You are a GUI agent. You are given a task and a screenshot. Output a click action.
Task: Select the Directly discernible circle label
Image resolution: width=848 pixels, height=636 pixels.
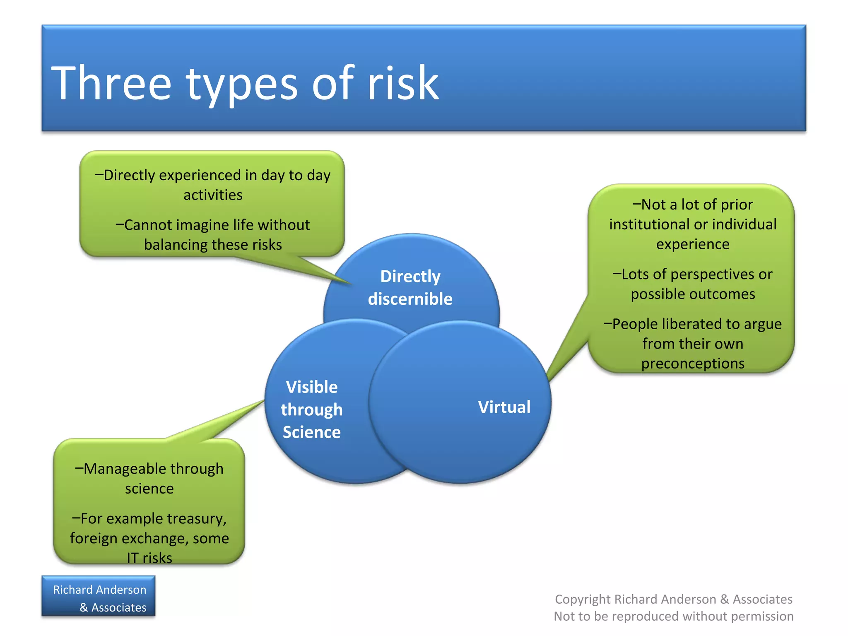(x=410, y=287)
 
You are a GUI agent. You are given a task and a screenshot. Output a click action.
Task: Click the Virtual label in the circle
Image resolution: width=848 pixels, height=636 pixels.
(x=504, y=407)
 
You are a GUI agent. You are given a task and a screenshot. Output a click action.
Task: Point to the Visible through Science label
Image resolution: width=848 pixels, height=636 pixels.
(x=312, y=410)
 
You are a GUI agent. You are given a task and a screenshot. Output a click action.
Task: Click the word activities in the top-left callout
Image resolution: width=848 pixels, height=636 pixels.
(x=213, y=195)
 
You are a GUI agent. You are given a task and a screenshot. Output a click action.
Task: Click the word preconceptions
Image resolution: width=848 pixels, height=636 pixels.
(x=693, y=364)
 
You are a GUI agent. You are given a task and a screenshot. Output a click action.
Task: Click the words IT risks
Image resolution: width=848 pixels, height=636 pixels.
(x=149, y=558)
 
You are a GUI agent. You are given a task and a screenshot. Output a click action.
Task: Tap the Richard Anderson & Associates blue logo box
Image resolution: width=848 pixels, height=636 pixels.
(x=99, y=596)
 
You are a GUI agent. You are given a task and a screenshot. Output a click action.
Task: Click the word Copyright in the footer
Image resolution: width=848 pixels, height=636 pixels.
(x=583, y=599)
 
